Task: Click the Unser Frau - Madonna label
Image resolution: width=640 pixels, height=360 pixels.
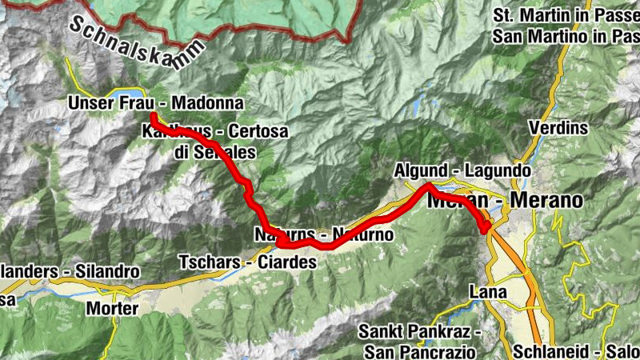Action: click(x=155, y=104)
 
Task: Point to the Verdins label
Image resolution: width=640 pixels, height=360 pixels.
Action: click(x=558, y=128)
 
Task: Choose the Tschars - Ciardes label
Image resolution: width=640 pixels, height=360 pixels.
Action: click(x=247, y=262)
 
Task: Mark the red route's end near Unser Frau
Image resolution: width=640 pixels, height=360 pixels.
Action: click(x=152, y=118)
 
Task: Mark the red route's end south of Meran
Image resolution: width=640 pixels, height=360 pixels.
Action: click(x=486, y=230)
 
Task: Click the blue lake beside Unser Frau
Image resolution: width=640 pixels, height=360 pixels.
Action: click(x=128, y=93)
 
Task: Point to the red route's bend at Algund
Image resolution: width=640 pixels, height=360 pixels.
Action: click(x=428, y=186)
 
